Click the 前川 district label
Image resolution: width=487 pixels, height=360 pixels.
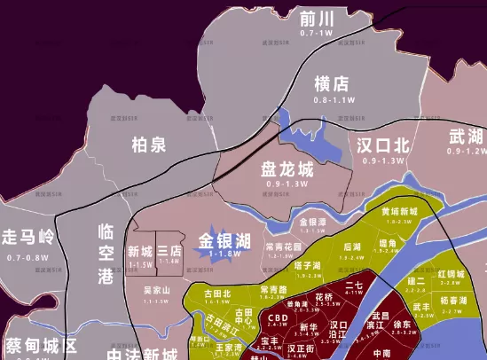(x=316, y=19)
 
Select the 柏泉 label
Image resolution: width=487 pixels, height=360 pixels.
(x=148, y=145)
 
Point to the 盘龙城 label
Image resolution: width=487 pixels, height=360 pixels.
(x=287, y=168)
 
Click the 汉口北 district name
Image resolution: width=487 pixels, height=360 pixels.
(x=383, y=145)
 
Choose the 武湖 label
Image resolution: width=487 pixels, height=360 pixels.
(x=466, y=136)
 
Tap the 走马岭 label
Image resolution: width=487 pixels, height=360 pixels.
(x=27, y=238)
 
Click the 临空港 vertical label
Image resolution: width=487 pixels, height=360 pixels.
(x=106, y=254)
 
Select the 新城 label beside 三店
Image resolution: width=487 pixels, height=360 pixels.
(x=140, y=252)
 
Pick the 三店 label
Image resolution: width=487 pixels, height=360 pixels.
(x=169, y=252)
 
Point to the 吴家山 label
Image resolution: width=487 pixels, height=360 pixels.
(x=155, y=290)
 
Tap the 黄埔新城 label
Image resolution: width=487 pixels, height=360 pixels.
(x=398, y=212)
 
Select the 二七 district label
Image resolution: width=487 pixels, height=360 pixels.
(x=354, y=286)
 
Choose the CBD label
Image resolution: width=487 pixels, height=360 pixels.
(x=278, y=318)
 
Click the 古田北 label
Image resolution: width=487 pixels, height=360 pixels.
(x=217, y=293)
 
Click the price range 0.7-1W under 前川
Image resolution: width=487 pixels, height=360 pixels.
(x=316, y=33)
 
